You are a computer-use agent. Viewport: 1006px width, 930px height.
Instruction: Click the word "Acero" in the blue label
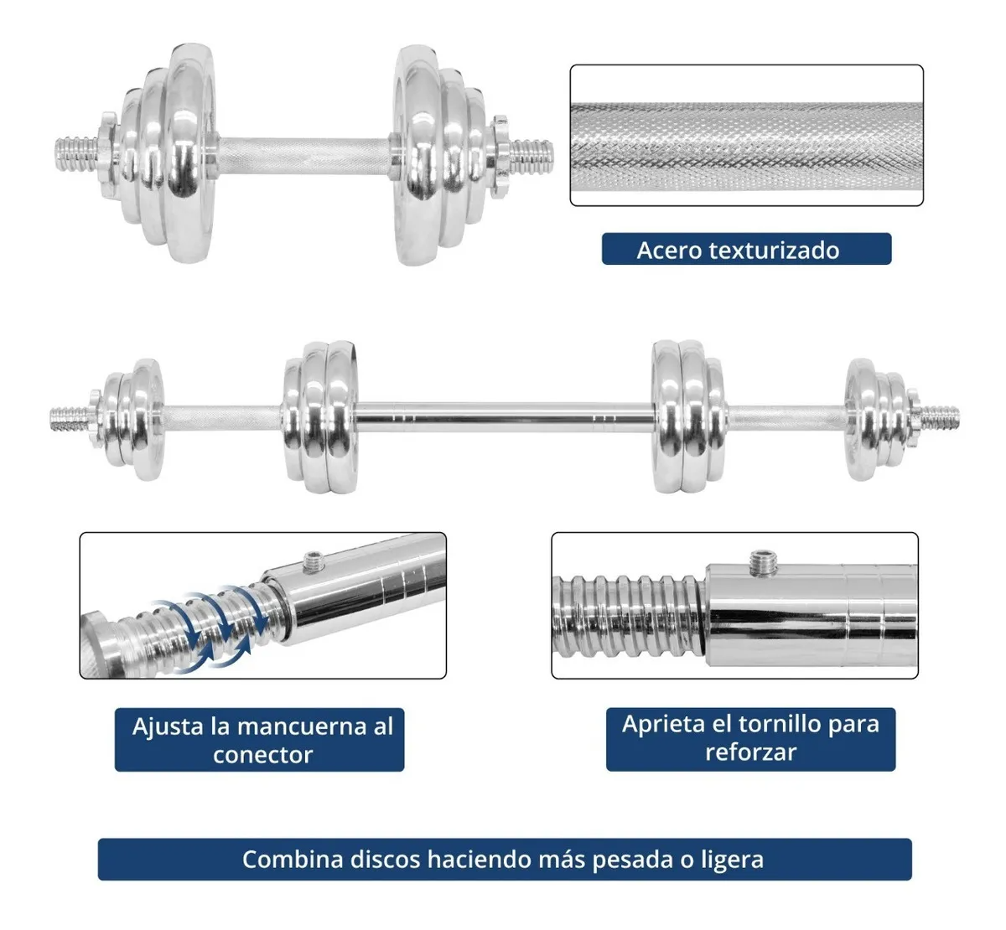[668, 250]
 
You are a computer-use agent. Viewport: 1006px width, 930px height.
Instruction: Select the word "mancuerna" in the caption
[302, 726]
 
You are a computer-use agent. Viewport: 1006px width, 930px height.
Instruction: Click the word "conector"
[262, 755]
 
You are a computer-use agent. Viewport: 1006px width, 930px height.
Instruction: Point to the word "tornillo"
[781, 723]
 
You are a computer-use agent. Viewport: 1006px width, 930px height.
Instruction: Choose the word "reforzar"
[750, 752]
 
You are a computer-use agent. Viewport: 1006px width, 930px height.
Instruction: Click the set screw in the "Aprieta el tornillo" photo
[764, 562]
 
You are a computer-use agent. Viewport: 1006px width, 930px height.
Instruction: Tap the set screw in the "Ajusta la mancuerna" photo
[314, 561]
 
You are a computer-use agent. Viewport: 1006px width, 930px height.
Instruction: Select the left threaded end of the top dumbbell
[76, 154]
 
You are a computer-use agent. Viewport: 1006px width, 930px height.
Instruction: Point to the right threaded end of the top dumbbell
[531, 158]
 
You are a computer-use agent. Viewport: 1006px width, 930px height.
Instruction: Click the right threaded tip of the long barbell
[939, 418]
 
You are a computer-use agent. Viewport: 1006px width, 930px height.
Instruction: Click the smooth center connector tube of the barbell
[505, 418]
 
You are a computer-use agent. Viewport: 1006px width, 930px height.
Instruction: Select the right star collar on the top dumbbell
[499, 157]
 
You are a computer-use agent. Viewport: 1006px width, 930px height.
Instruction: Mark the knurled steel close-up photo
[746, 135]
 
